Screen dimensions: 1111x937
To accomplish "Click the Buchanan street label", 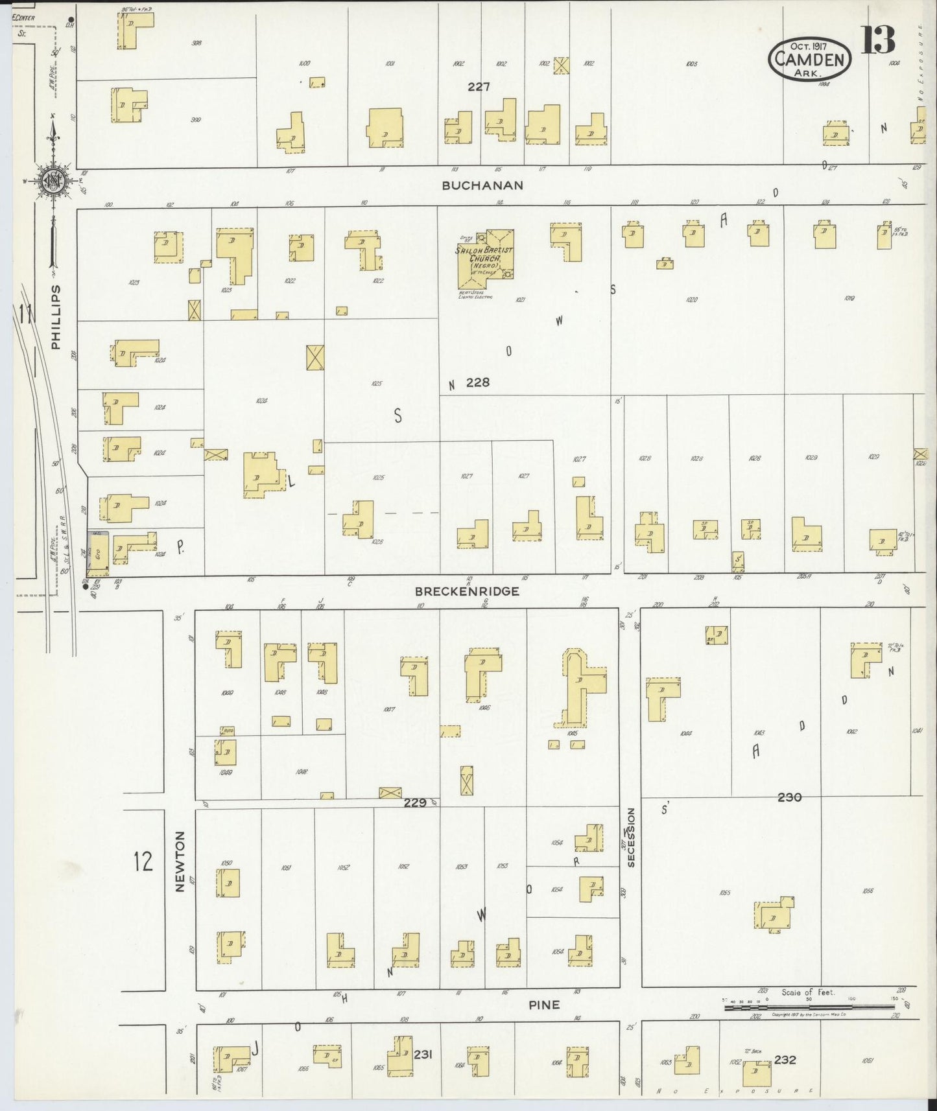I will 482,185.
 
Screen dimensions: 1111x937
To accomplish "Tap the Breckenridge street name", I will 467,591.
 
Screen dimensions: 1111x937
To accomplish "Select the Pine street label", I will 543,1005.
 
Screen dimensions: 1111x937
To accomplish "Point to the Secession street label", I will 631,837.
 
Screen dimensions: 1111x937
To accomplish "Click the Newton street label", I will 180,861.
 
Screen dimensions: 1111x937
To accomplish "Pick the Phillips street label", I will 56,317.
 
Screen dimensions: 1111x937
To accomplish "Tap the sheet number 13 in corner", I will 878,40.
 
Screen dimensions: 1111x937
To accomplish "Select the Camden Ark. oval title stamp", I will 809,59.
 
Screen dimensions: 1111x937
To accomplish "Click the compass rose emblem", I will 52,181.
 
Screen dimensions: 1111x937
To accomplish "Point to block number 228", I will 477,382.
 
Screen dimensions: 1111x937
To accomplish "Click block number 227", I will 479,86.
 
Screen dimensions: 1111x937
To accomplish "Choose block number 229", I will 415,802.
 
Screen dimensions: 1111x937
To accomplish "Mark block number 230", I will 789,797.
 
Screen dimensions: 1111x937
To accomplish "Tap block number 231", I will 422,1055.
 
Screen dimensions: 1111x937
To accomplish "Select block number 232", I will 785,1060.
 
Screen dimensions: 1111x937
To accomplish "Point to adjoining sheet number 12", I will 143,861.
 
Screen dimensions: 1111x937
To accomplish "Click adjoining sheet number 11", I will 25,316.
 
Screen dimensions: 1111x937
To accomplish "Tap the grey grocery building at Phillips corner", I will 98,554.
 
